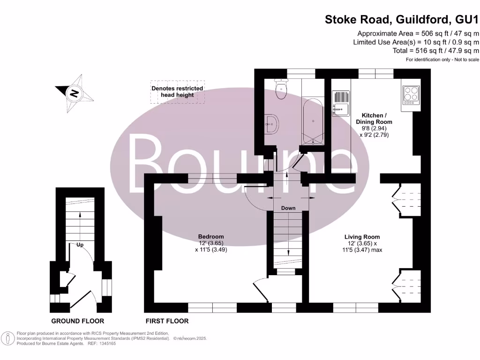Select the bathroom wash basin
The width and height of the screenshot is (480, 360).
[271, 124]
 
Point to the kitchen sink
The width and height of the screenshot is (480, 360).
[341, 103]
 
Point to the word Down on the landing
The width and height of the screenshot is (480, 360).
[288, 208]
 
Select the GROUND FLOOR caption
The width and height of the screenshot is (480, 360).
[78, 321]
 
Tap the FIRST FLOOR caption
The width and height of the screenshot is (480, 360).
[167, 321]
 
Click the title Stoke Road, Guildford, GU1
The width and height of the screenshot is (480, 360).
[402, 20]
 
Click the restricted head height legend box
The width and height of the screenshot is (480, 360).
[177, 91]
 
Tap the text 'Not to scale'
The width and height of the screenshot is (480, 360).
[465, 60]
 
